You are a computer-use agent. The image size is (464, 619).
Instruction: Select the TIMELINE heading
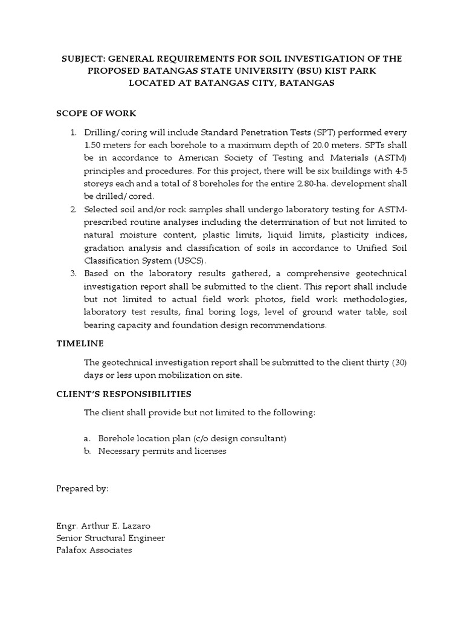coord(80,343)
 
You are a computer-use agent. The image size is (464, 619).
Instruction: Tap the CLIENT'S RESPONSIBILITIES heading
coord(124,394)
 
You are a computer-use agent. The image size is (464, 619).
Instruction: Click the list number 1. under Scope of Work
coord(73,132)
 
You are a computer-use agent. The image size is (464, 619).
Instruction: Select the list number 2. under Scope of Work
coord(73,209)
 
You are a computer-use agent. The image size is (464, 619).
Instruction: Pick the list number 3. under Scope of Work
coord(73,273)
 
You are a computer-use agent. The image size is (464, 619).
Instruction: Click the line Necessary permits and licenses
coord(162,452)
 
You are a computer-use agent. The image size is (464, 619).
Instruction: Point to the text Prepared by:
coord(82,488)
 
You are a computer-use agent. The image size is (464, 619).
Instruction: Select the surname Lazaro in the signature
coord(149,525)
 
